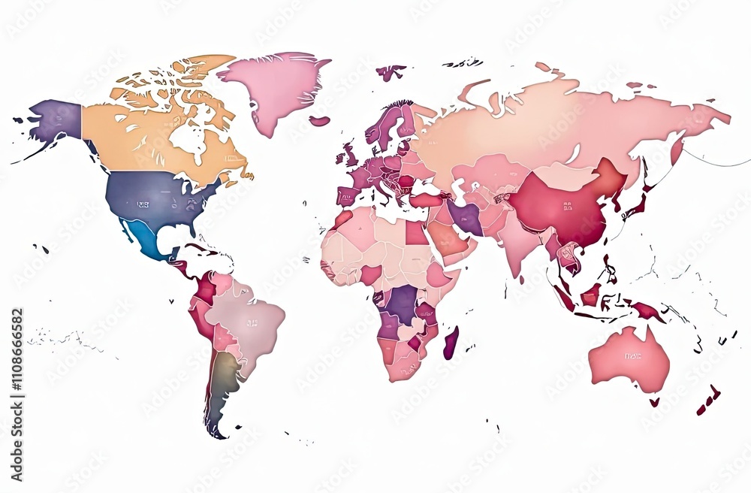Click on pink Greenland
click(x=274, y=86)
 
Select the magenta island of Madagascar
click(x=451, y=343)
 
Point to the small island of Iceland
click(x=319, y=120)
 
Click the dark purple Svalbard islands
click(x=391, y=72)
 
